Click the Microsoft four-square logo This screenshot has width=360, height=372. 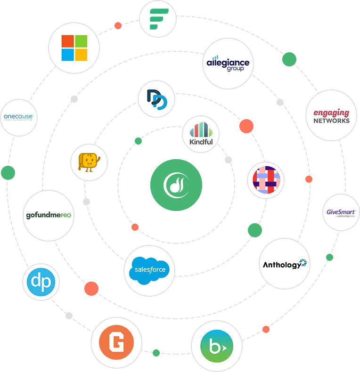click(x=74, y=48)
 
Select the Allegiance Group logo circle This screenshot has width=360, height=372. click(x=228, y=64)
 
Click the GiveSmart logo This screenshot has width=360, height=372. click(x=341, y=212)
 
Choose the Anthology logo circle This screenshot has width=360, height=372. click(x=285, y=264)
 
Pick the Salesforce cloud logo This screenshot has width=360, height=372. click(x=149, y=270)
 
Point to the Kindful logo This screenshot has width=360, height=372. click(x=201, y=134)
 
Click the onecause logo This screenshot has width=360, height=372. click(x=18, y=117)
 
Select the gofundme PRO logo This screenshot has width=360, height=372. click(x=49, y=216)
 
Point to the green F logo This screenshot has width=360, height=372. click(x=157, y=19)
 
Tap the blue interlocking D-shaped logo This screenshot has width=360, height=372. click(x=156, y=99)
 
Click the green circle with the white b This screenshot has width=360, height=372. click(x=217, y=346)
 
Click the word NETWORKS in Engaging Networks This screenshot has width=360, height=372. click(x=332, y=121)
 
